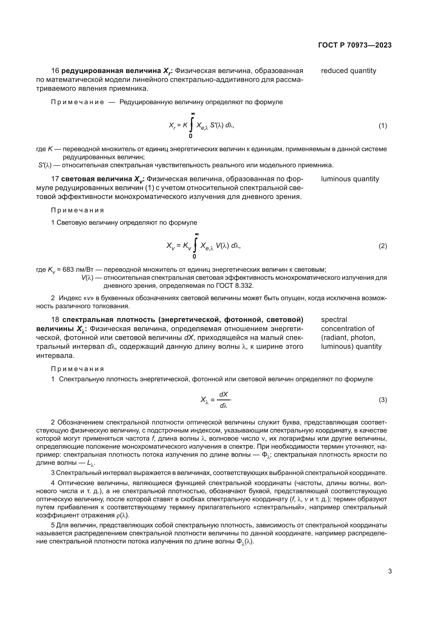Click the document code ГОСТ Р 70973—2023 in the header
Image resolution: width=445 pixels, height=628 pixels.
click(x=355, y=45)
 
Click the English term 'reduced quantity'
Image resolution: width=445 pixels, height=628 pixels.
click(x=348, y=71)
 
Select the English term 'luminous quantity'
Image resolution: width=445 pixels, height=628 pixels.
click(x=350, y=179)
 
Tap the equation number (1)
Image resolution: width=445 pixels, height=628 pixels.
click(x=383, y=126)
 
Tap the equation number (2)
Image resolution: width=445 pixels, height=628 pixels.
click(x=383, y=246)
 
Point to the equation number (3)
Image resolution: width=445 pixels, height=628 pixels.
click(x=383, y=400)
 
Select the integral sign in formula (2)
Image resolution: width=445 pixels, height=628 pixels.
click(x=195, y=245)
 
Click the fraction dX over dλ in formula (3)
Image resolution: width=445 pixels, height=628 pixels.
click(x=224, y=400)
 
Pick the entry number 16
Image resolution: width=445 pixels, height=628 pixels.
click(x=55, y=71)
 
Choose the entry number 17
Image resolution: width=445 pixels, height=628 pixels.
click(x=55, y=179)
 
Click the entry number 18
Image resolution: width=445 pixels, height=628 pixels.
click(x=55, y=320)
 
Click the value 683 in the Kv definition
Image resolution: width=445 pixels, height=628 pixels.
click(x=68, y=269)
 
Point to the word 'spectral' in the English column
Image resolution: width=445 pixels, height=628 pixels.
click(x=334, y=320)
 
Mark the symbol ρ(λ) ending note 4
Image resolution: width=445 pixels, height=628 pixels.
click(x=122, y=515)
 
